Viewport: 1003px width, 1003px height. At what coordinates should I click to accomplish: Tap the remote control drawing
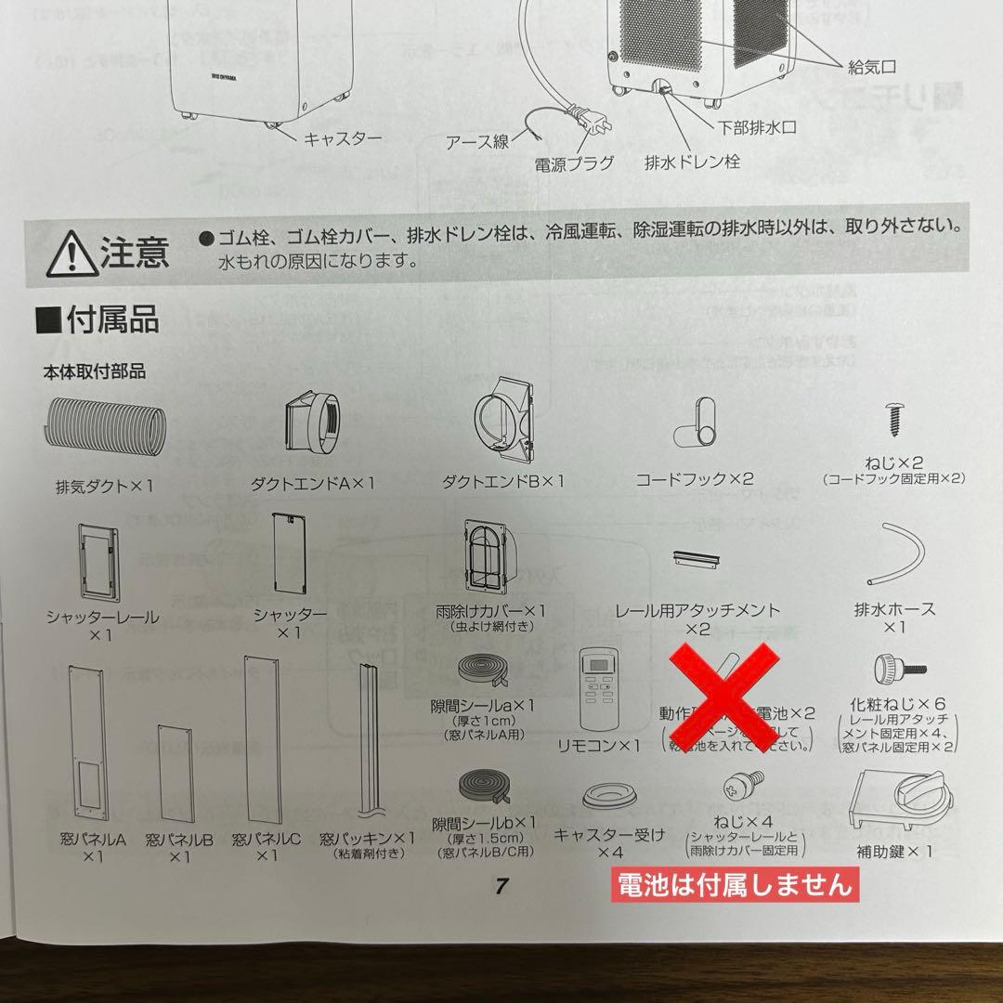pyautogui.click(x=597, y=690)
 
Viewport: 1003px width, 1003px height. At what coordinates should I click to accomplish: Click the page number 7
pyautogui.click(x=501, y=885)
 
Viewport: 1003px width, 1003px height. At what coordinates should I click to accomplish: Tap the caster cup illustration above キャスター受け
pyautogui.click(x=608, y=799)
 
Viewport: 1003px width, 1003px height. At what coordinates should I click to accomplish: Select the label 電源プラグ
pyautogui.click(x=574, y=164)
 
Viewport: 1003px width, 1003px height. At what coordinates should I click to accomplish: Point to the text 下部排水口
pyautogui.click(x=757, y=127)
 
